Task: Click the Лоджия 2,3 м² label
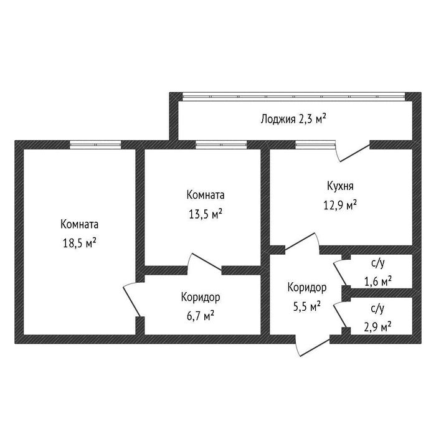tap(293, 120)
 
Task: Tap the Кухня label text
tap(340, 186)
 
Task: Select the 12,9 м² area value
tap(340, 206)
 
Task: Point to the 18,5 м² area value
tap(80, 244)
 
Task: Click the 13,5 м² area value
tap(206, 214)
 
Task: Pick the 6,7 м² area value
tap(200, 316)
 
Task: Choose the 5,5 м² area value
tap(307, 306)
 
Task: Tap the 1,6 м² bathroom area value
tap(378, 282)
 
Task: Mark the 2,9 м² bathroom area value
tap(377, 327)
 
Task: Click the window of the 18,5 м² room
tap(95, 145)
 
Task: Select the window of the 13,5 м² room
tap(221, 145)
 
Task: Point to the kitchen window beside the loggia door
tap(315, 145)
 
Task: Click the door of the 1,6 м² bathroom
tap(340, 274)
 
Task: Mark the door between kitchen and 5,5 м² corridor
tap(301, 242)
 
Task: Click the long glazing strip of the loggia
tap(293, 97)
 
